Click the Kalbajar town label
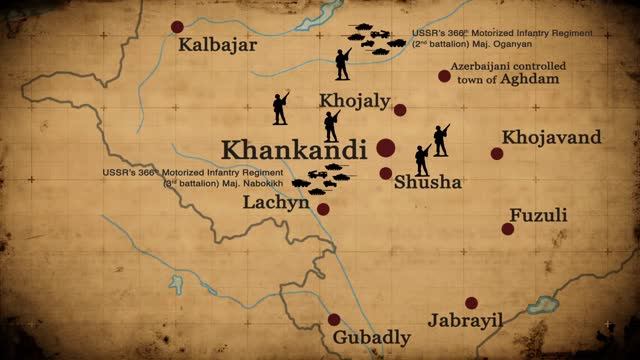[217, 46]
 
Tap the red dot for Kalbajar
[178, 27]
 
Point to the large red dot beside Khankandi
[386, 149]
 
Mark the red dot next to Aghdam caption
[444, 76]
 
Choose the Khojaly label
[351, 102]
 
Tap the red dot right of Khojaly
[400, 110]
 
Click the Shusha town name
[427, 183]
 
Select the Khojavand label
[552, 137]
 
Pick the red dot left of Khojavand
[497, 153]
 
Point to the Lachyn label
[277, 203]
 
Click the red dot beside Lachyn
[323, 209]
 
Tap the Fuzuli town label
[538, 215]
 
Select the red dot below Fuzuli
[508, 229]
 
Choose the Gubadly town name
[372, 336]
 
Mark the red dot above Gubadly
[334, 320]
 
